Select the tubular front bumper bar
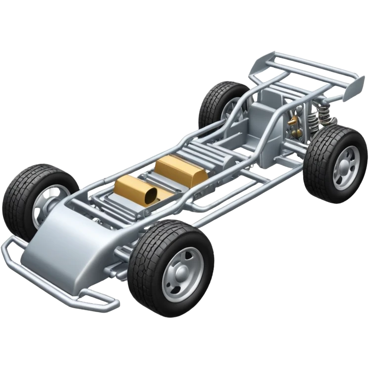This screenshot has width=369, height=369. pyautogui.click(x=59, y=287)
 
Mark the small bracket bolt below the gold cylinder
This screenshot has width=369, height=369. pyautogui.click(x=146, y=213)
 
